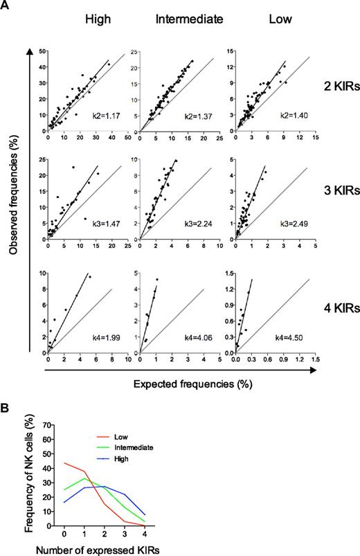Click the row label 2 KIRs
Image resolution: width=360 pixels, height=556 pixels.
click(x=336, y=87)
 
